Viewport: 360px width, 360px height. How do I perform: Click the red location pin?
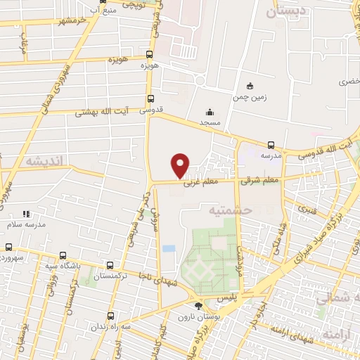tap(181, 165)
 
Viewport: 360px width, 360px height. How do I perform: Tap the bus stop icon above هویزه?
tap(149, 54)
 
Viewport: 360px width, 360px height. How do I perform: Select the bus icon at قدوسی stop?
tap(150, 99)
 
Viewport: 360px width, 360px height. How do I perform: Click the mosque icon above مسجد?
tap(210, 111)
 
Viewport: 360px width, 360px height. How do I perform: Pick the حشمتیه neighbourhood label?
tap(225, 210)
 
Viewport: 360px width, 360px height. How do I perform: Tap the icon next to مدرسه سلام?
tap(26, 214)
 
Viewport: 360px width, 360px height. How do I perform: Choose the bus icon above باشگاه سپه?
tap(63, 256)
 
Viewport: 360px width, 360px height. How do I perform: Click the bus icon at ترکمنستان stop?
tap(110, 266)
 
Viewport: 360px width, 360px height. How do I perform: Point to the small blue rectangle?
tap(169, 248)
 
